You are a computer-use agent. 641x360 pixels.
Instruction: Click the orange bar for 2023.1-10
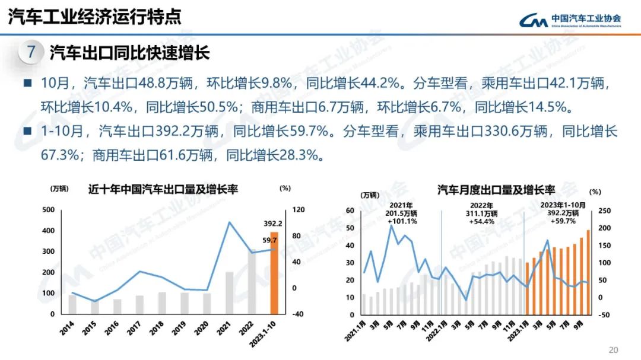pyautogui.click(x=274, y=273)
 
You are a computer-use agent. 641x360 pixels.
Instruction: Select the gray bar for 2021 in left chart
pyautogui.click(x=229, y=292)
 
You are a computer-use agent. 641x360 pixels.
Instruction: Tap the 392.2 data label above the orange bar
pyautogui.click(x=272, y=224)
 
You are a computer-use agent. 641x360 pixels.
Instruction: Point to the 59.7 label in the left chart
pyautogui.click(x=269, y=240)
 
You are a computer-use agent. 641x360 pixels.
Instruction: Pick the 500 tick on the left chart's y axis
pyautogui.click(x=48, y=210)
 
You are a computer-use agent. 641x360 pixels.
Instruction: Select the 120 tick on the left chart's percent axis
pyautogui.click(x=297, y=210)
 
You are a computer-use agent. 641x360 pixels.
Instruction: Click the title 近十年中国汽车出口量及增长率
pyautogui.click(x=163, y=189)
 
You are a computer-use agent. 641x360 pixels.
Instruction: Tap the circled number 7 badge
pyautogui.click(x=31, y=52)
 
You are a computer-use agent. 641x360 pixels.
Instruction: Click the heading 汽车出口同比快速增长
pyautogui.click(x=129, y=53)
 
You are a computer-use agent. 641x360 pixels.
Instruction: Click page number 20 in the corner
pyautogui.click(x=614, y=349)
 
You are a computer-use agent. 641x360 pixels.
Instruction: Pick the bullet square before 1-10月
pyautogui.click(x=27, y=132)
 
